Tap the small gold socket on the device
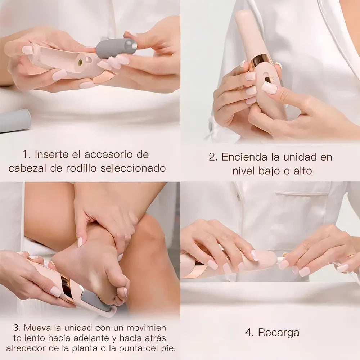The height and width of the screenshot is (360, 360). click(x=80, y=62)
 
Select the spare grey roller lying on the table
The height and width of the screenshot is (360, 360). click(x=14, y=121)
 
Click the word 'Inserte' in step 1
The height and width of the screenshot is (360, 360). click(x=49, y=155)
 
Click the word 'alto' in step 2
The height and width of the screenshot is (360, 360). click(x=301, y=170)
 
